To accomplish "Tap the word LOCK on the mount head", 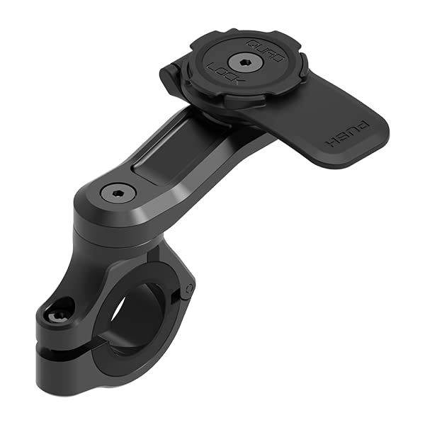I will coord(220,74).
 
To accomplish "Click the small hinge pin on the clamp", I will coord(188,288).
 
